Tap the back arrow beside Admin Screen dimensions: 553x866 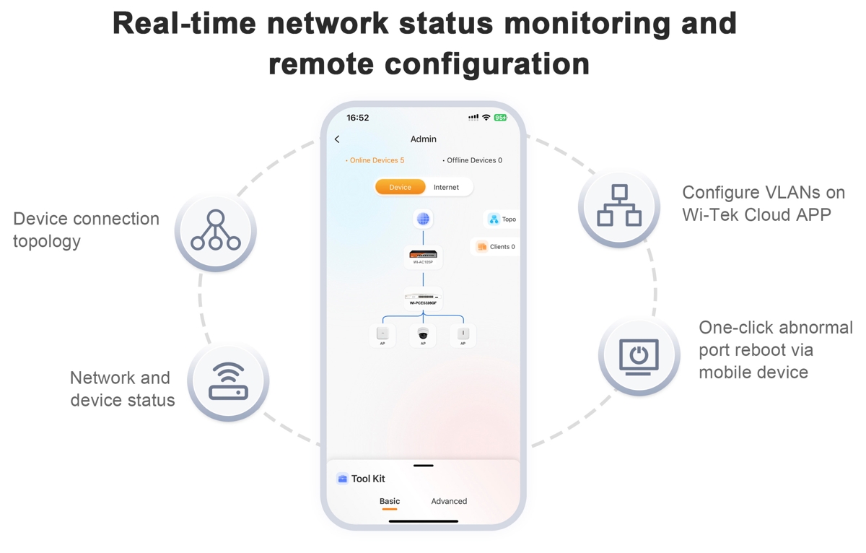[x=337, y=139]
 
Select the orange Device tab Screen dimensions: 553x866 [x=400, y=187]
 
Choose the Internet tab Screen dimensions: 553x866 [x=446, y=187]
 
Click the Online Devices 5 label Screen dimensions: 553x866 [x=376, y=160]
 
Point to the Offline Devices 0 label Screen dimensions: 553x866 [x=473, y=160]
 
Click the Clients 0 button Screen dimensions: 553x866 [x=496, y=247]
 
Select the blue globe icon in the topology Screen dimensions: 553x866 [x=423, y=219]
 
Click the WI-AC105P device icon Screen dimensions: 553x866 [x=423, y=256]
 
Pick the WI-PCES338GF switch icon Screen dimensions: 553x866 [x=423, y=297]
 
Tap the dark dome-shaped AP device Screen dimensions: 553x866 [x=423, y=334]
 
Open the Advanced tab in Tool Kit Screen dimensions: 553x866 [x=449, y=501]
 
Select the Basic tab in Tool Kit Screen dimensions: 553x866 [x=390, y=501]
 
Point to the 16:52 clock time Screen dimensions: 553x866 [x=358, y=118]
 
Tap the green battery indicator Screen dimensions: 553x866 [x=500, y=118]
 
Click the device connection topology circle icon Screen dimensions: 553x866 [x=215, y=231]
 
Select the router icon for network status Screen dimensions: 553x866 [x=228, y=381]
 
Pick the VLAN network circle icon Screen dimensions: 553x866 [x=619, y=207]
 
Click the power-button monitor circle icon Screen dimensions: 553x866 [x=639, y=356]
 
